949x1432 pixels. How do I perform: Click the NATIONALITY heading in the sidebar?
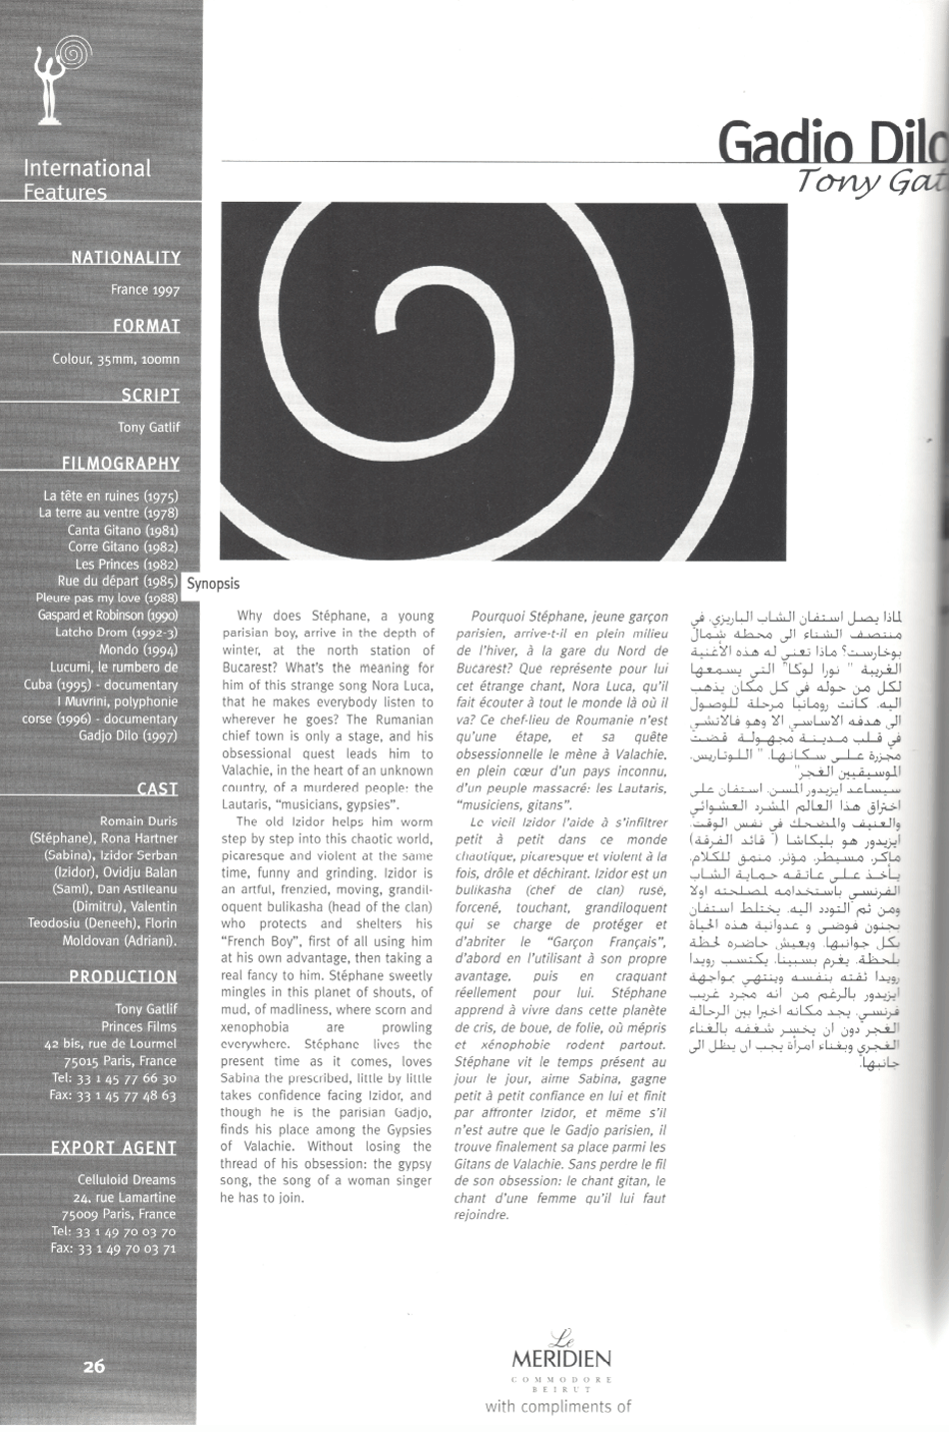point(125,257)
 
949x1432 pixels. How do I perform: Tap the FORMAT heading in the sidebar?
point(146,326)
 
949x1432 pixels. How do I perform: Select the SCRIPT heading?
point(150,395)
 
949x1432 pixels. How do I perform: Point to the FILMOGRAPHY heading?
point(120,463)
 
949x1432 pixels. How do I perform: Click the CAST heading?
point(157,788)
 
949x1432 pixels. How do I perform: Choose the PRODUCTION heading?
point(123,976)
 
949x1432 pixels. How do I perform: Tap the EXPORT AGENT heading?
point(114,1147)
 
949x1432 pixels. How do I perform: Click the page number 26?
point(94,1366)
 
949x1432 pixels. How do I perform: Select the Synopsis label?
point(213,584)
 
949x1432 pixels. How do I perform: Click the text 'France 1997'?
point(146,290)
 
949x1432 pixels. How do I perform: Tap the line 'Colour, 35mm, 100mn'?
point(116,359)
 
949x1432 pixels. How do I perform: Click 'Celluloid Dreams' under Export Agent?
point(126,1179)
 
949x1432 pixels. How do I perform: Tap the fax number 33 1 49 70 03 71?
point(113,1248)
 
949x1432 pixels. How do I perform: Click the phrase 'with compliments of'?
point(558,1406)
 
